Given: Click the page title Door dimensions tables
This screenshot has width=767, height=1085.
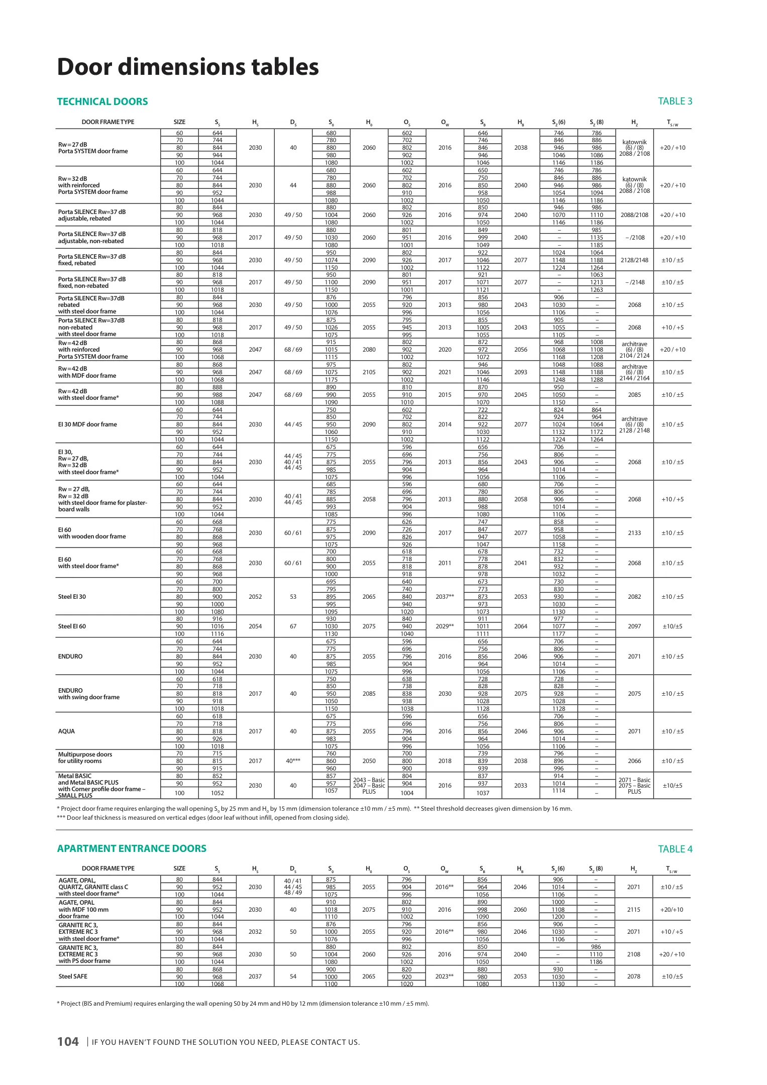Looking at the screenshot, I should tap(188, 67).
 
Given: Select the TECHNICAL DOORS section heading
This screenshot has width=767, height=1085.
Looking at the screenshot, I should tap(102, 101).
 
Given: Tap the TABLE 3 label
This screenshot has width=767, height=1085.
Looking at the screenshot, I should tap(675, 101).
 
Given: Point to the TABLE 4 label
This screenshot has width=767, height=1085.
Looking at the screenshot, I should tap(675, 849).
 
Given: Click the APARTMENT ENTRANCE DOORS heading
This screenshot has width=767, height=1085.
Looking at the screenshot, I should tap(132, 848).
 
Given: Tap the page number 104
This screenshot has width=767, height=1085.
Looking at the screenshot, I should tap(68, 1042).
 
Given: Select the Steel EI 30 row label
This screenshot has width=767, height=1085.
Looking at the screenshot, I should tap(72, 597).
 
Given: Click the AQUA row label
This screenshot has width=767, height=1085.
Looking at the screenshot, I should tap(66, 731).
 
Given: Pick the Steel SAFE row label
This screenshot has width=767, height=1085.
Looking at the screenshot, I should tap(73, 976).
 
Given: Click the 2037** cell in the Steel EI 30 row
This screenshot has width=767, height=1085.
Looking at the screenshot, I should tap(445, 597).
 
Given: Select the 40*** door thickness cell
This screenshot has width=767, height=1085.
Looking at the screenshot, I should tap(293, 761).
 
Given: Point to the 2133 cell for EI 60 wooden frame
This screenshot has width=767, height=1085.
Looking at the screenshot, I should tap(634, 533).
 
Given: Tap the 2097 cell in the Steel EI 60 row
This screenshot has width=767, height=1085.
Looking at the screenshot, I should tap(634, 626).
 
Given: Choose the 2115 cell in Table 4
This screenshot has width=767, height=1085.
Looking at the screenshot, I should tap(633, 910).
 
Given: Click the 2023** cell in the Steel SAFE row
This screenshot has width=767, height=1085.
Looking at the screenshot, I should tap(444, 976).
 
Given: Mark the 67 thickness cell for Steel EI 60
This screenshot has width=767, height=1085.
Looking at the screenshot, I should tap(293, 626).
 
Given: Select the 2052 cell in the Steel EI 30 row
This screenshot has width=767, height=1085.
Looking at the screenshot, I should tap(255, 597).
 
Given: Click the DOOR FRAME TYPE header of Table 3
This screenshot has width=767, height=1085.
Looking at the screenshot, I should tap(108, 122).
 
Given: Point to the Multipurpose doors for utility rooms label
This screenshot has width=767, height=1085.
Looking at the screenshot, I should tap(85, 757).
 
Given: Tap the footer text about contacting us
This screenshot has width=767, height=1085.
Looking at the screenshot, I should tap(226, 1042).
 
